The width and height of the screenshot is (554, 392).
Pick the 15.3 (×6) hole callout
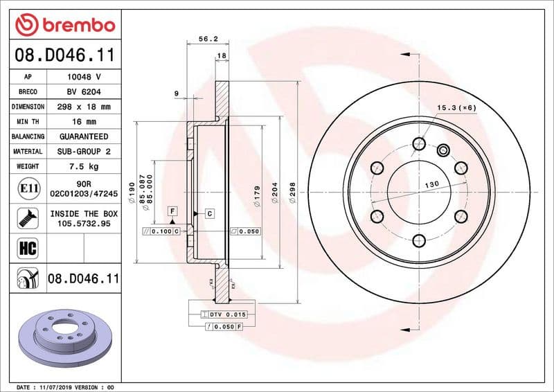tap(456, 107)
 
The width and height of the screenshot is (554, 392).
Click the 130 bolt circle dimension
tap(431, 184)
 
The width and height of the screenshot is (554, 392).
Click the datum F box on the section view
tap(172, 210)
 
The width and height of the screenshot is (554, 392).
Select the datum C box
tap(208, 214)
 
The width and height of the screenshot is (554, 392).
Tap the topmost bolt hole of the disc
tap(418, 143)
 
